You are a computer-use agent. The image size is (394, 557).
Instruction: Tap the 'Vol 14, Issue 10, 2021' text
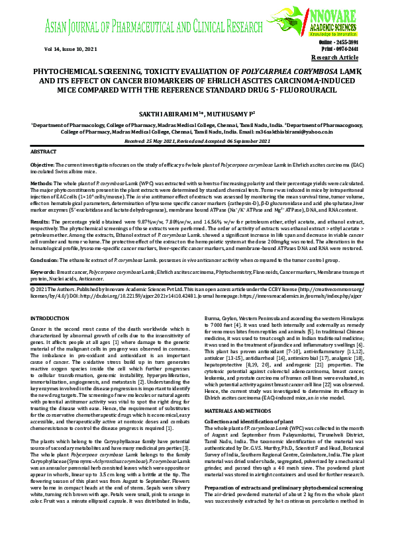(x=56, y=49)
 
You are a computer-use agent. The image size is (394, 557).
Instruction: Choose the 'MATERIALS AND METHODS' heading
(x=236, y=393)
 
